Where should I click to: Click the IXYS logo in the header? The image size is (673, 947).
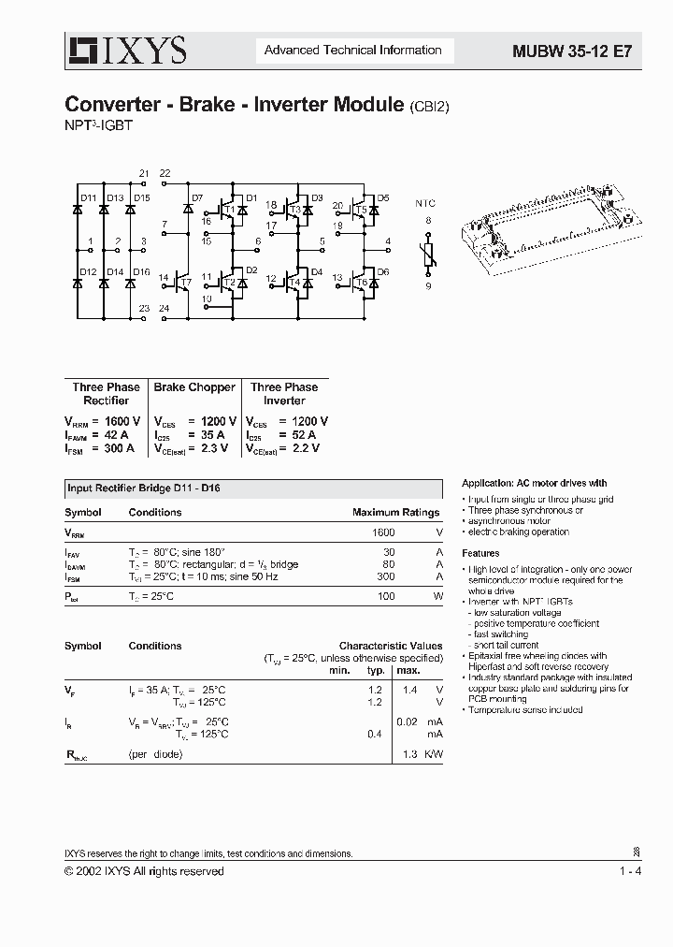[x=125, y=51]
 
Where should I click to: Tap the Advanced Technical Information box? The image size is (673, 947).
[x=352, y=51]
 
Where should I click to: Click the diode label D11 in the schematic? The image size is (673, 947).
[x=88, y=198]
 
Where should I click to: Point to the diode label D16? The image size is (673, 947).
[x=141, y=272]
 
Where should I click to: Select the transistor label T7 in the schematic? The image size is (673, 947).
[x=186, y=283]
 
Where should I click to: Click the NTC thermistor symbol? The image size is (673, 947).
[x=429, y=254]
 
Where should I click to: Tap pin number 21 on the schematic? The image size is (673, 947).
[x=143, y=174]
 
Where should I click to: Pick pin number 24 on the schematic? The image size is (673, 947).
[x=165, y=309]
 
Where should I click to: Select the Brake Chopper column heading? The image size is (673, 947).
[x=194, y=387]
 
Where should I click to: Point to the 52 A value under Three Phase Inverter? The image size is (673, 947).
[x=298, y=435]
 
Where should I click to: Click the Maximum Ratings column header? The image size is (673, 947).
[x=395, y=513]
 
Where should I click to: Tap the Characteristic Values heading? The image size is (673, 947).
[x=391, y=646]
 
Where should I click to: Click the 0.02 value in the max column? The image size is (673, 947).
[x=406, y=721]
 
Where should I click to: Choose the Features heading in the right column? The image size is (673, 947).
[x=480, y=554]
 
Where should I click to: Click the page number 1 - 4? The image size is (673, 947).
[x=630, y=871]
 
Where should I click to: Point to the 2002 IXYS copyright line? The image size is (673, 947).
[x=144, y=871]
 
